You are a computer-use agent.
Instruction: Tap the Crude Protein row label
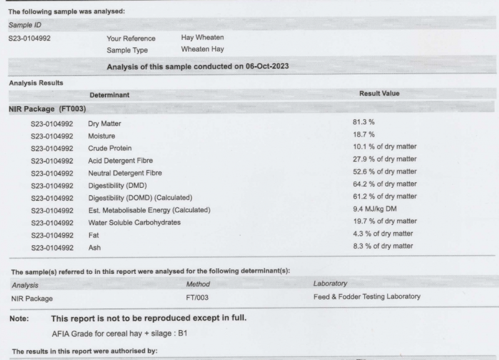coord(113,147)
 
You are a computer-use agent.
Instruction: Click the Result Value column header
coord(379,94)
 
